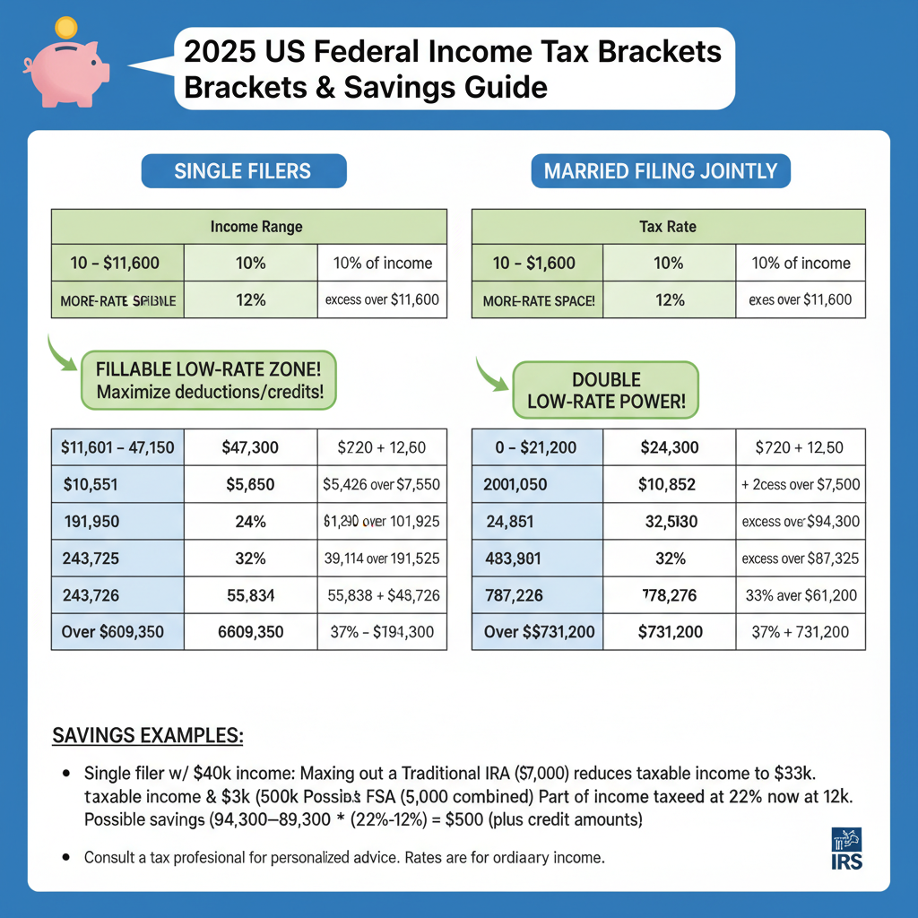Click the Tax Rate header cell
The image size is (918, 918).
(668, 227)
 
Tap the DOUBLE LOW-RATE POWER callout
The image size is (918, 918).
(604, 390)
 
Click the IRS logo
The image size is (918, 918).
(846, 847)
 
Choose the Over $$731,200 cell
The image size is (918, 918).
(539, 632)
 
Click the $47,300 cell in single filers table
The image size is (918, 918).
(250, 447)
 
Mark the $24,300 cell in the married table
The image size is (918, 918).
(669, 447)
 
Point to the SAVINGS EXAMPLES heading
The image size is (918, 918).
(148, 735)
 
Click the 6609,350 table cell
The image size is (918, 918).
(250, 632)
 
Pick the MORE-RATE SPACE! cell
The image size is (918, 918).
(539, 300)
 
